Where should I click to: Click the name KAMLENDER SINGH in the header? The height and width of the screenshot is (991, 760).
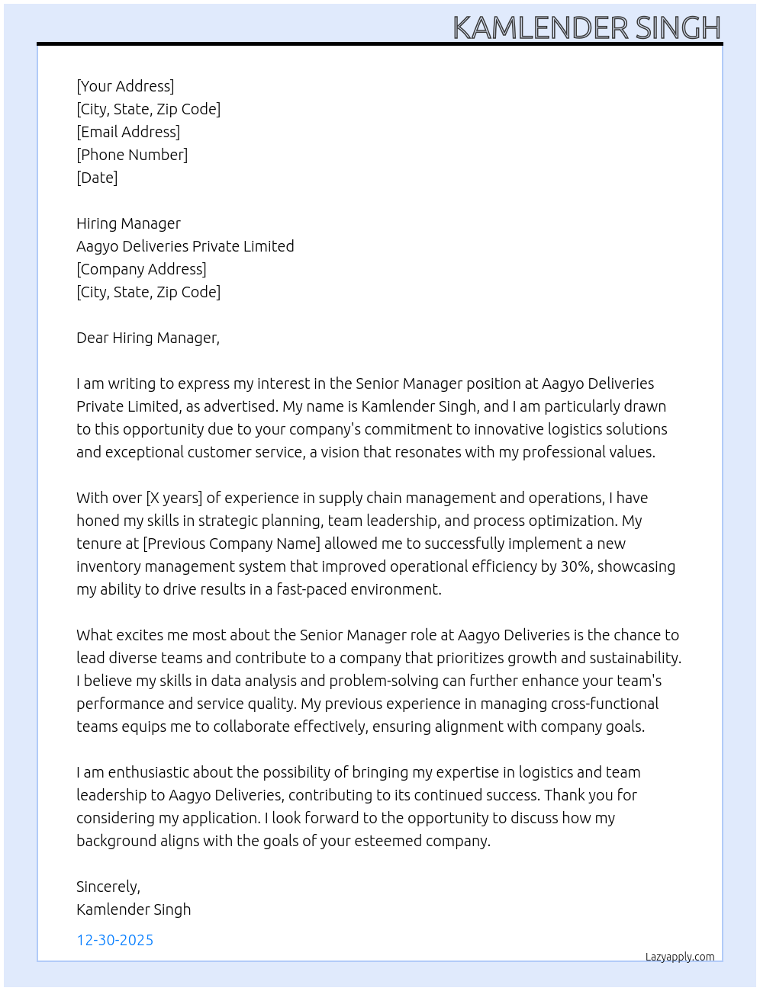pyautogui.click(x=586, y=28)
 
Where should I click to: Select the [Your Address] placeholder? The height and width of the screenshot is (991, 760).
pyautogui.click(x=125, y=86)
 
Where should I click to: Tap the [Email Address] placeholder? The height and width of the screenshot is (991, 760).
pyautogui.click(x=128, y=132)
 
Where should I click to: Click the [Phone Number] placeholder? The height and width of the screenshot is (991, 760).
pyautogui.click(x=132, y=155)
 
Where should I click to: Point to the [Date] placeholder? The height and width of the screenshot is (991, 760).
pyautogui.click(x=97, y=178)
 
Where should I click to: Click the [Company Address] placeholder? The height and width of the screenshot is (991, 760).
pyautogui.click(x=141, y=269)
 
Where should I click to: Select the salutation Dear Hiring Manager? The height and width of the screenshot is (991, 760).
pyautogui.click(x=147, y=338)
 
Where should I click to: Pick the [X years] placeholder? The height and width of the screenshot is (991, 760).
pyautogui.click(x=174, y=498)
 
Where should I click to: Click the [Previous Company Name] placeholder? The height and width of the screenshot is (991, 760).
pyautogui.click(x=232, y=544)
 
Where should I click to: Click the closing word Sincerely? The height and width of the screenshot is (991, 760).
pyautogui.click(x=108, y=887)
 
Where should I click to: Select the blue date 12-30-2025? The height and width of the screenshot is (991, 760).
pyautogui.click(x=115, y=940)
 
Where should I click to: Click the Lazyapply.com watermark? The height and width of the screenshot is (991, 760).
pyautogui.click(x=680, y=957)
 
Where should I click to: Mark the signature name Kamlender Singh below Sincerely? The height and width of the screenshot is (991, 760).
pyautogui.click(x=134, y=909)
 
